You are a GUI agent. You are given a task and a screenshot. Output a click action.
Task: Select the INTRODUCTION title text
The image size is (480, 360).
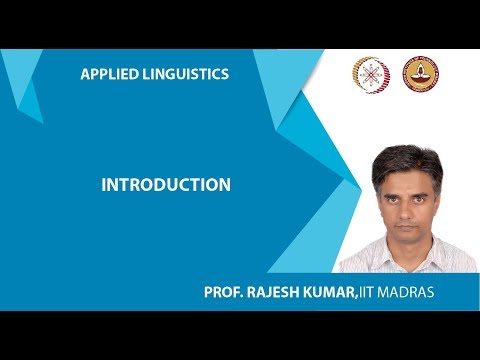coord(166,185)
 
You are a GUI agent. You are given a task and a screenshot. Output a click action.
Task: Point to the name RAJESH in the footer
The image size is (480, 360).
coord(275,292)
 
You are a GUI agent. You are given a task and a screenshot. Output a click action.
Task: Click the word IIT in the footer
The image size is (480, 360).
coord(373,292)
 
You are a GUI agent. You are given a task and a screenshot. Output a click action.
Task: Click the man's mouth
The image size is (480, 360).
coord(407,223)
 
